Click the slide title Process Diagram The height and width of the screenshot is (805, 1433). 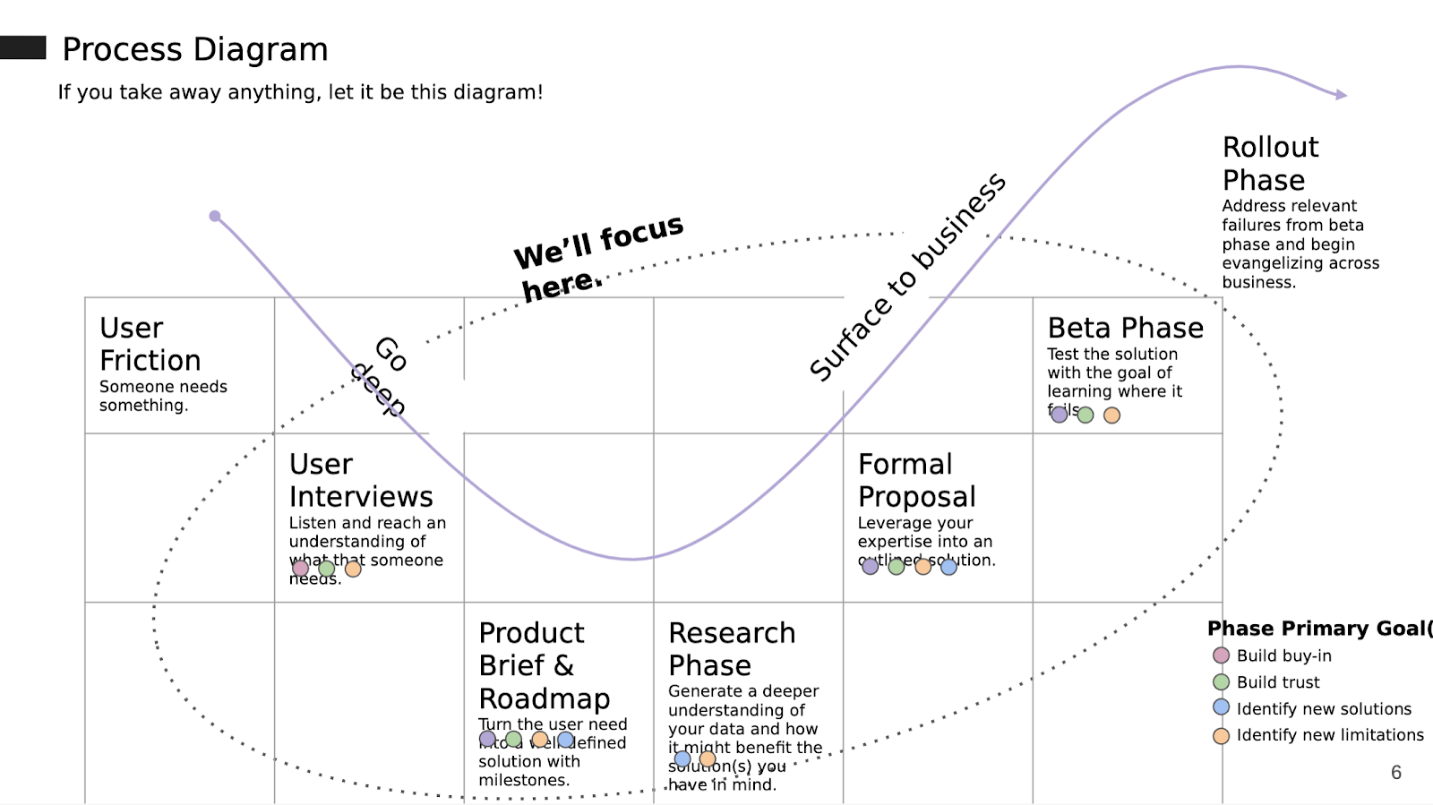pyautogui.click(x=194, y=49)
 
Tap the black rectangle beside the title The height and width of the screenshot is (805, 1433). pyautogui.click(x=22, y=47)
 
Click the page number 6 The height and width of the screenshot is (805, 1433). pyautogui.click(x=1395, y=773)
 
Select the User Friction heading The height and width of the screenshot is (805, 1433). pyautogui.click(x=150, y=344)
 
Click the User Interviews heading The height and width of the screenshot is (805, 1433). pyautogui.click(x=360, y=480)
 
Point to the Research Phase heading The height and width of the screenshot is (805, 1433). pyautogui.click(x=731, y=648)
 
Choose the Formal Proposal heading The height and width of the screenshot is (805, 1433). pyautogui.click(x=916, y=480)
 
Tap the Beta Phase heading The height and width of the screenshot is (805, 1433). pyautogui.click(x=1125, y=328)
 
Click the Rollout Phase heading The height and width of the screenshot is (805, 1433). pyautogui.click(x=1270, y=163)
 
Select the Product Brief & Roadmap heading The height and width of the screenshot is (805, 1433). pyautogui.click(x=544, y=665)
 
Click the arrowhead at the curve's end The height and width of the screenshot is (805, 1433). pyautogui.click(x=1341, y=94)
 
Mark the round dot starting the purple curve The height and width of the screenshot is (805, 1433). pyautogui.click(x=215, y=216)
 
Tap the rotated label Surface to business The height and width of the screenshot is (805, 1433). pyautogui.click(x=906, y=277)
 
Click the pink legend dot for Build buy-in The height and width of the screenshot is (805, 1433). pyautogui.click(x=1221, y=655)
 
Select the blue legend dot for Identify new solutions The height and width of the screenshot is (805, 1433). pyautogui.click(x=1221, y=707)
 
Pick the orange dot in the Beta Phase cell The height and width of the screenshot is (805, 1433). pyautogui.click(x=1111, y=415)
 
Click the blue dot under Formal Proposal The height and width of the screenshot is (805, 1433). pyautogui.click(x=948, y=566)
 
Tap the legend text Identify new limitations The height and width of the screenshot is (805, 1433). pyautogui.click(x=1329, y=735)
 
